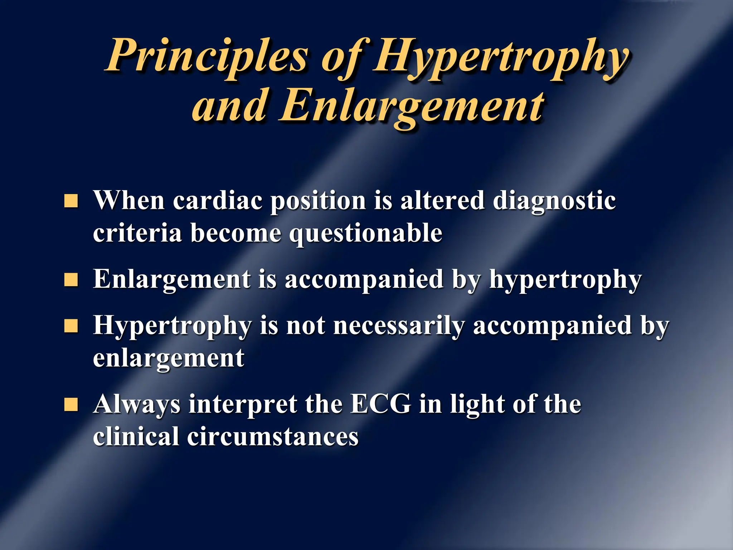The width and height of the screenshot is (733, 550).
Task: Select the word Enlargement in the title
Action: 412,106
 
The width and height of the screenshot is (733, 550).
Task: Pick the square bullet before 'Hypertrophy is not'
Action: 71,326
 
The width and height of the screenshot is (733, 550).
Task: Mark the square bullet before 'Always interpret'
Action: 71,405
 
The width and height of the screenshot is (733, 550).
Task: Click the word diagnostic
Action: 554,202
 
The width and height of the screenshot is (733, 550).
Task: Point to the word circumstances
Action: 272,437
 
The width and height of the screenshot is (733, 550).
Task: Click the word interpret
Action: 243,405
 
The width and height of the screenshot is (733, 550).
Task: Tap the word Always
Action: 137,405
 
